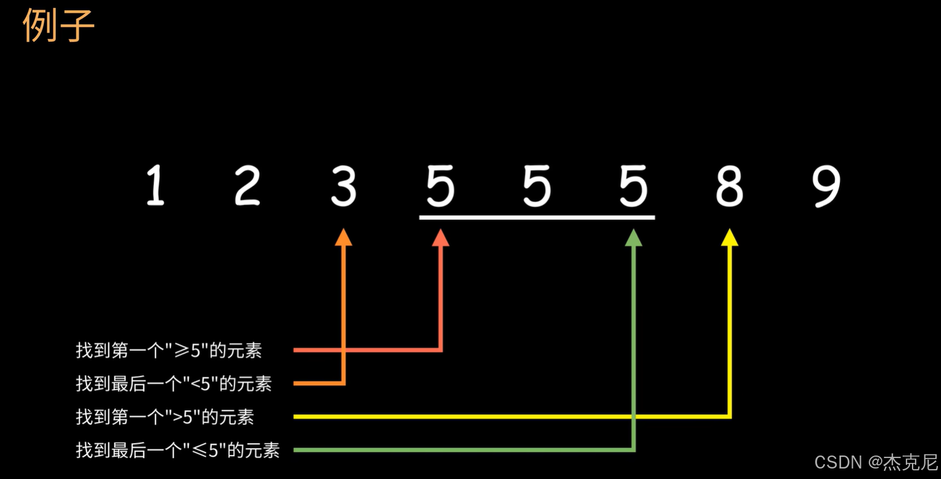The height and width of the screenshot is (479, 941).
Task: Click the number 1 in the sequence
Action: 156,186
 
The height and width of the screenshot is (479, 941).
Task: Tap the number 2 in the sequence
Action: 248,186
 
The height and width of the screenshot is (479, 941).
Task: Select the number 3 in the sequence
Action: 343,186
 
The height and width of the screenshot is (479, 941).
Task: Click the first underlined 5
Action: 440,186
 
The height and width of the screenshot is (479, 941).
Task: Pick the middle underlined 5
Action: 537,186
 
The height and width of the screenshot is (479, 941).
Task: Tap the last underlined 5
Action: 634,186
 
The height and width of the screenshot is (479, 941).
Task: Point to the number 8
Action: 729,186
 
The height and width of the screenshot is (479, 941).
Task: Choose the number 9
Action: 826,186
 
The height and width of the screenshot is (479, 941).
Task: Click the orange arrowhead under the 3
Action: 344,237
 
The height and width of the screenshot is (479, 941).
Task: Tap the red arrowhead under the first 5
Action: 440,237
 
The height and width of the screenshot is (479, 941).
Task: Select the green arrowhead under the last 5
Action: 634,237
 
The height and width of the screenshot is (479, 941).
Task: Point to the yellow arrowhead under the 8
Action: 730,237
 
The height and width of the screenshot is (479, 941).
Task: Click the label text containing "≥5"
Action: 169,350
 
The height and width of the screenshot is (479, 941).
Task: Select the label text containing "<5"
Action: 174,384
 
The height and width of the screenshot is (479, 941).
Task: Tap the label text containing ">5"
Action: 164,417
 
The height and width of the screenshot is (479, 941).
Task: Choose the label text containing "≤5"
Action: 177,450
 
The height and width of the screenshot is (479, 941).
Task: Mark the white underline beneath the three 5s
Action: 537,218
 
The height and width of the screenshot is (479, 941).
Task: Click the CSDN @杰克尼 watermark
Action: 876,462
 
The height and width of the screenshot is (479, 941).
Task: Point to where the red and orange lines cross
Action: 344,350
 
